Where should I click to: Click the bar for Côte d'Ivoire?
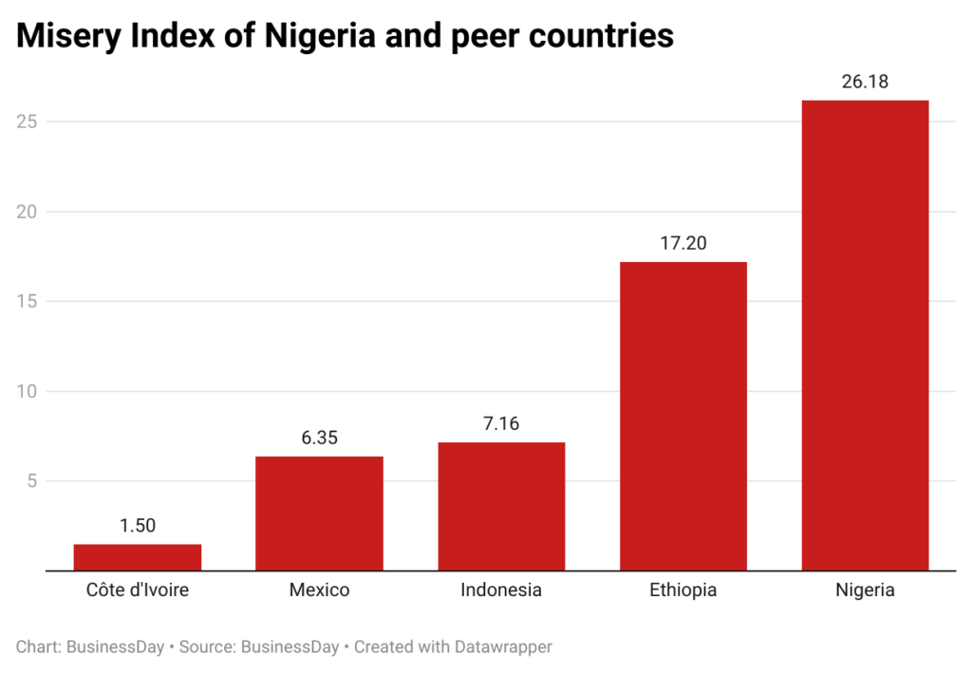coord(137,557)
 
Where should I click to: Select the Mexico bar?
coord(319,514)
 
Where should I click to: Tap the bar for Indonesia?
coord(501,506)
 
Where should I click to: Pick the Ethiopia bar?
coord(683,416)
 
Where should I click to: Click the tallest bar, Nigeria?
coord(865,335)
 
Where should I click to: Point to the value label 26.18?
coord(865,82)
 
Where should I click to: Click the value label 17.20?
coord(683,243)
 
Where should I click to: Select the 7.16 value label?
coord(501,423)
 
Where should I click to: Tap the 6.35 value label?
coord(319,438)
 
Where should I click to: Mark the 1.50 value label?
coord(137,525)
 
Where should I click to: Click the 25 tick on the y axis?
coord(28,122)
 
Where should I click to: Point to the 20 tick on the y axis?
coord(28,212)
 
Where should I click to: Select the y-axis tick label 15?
coord(28,302)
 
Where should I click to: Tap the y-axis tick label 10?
coord(28,391)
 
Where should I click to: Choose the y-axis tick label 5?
coord(32,481)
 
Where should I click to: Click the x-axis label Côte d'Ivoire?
coord(137,590)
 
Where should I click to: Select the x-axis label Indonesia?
coord(501,590)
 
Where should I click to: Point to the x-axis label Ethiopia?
coord(683,590)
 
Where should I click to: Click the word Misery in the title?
coord(71,36)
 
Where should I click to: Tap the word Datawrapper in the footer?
coord(502,647)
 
